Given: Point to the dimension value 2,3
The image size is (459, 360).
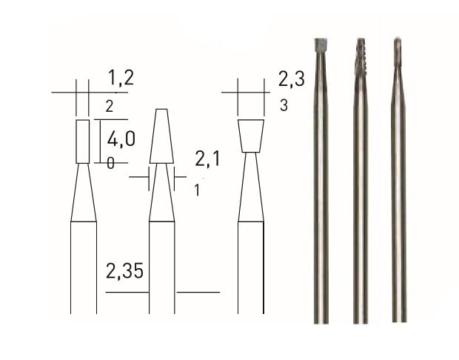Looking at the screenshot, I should coord(290,79).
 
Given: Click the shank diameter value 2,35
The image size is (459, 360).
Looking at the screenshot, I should coord(124,272).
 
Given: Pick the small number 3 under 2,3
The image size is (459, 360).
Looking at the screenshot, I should coord(284,106).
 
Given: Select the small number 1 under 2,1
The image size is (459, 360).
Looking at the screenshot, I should coord(197,190).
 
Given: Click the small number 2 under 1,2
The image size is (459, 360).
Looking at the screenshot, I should coord(109,107).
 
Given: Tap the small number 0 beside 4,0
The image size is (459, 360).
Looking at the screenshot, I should coord(110,164).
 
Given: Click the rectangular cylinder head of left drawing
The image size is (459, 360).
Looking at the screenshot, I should coord(83,141).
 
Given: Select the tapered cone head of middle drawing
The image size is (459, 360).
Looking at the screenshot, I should coord(161,137).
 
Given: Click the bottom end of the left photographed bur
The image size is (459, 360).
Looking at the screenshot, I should coord(321,319).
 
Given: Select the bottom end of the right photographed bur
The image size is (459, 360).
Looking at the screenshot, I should coord(399,319).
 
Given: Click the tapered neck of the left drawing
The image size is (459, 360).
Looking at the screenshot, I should coord(84,194).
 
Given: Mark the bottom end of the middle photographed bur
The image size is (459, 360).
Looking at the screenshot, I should coord(361,319).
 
